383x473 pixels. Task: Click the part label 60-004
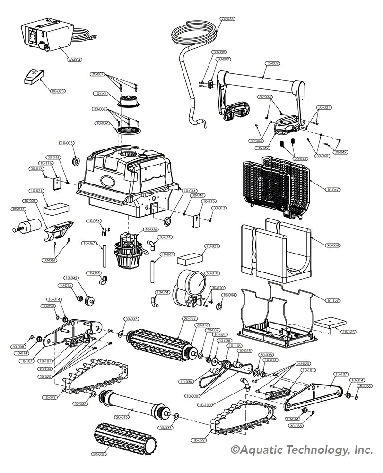[x=75, y=60]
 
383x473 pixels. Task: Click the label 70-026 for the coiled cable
[x=227, y=19]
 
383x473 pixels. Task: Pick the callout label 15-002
[x=272, y=63]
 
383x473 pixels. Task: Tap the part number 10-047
[x=333, y=189]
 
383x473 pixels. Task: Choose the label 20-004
[x=333, y=245]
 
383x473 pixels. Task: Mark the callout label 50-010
[x=212, y=273]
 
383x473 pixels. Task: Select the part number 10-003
[x=67, y=143]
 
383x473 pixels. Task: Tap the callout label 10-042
[x=72, y=278]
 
